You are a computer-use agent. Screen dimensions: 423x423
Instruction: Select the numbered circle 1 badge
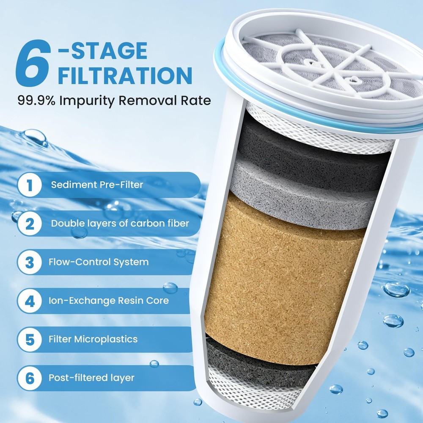point(30,185)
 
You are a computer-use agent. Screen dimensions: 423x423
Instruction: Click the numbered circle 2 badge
point(30,223)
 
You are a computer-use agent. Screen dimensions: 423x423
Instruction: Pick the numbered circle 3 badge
point(30,262)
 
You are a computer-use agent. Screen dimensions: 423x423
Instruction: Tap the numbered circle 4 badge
point(30,301)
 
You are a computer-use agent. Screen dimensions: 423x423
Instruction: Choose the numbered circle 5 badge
point(30,339)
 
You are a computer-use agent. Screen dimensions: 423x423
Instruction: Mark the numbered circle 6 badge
point(30,378)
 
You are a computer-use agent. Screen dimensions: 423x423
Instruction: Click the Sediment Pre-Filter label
point(97,185)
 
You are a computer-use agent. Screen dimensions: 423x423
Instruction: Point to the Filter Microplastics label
point(93,339)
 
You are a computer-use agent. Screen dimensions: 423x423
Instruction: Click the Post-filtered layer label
point(91,378)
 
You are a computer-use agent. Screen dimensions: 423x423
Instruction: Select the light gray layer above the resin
point(305,190)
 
